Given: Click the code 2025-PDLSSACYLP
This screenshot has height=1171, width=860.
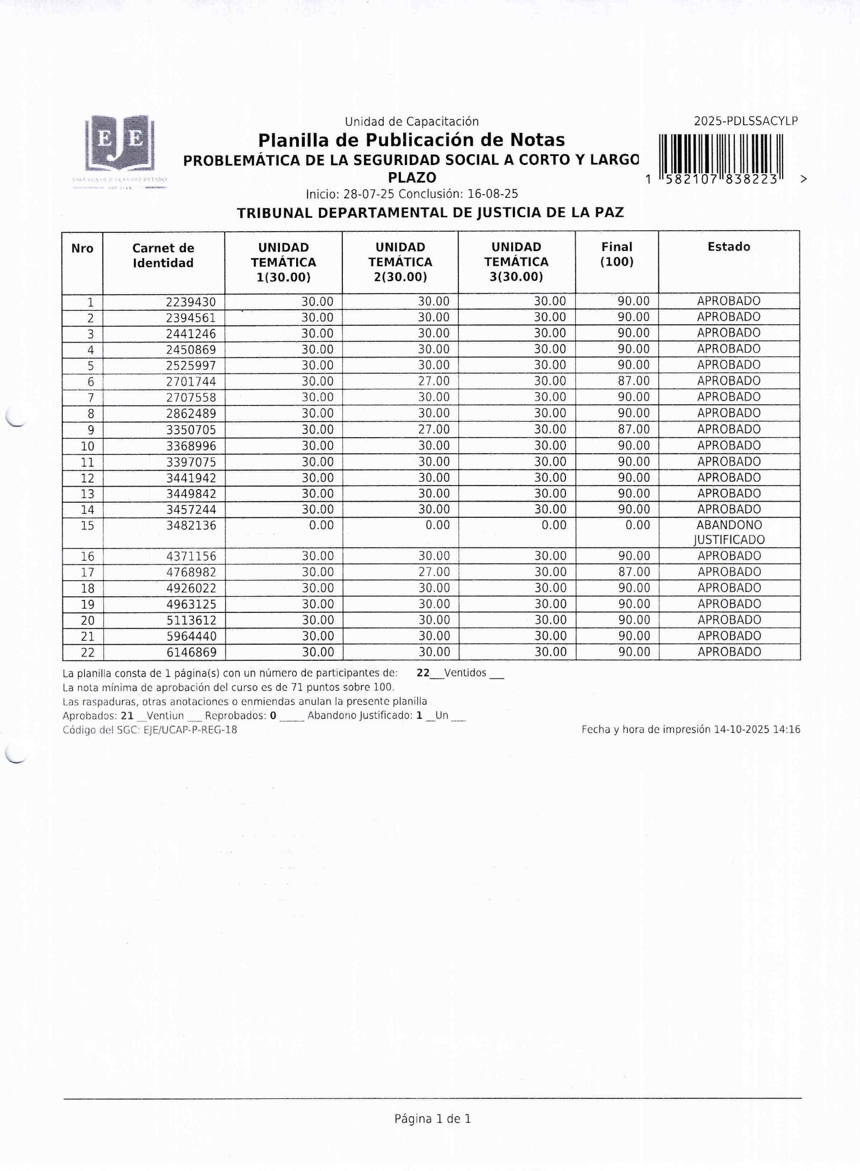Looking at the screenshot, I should tap(746, 122).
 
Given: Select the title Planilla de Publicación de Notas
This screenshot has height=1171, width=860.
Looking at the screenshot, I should tap(411, 140).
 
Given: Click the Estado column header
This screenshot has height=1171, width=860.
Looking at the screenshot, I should tap(728, 247).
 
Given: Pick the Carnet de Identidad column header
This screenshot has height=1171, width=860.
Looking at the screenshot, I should tap(163, 255).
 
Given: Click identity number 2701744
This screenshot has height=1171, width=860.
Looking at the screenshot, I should tap(191, 382).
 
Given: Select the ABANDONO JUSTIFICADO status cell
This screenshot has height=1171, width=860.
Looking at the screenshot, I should tap(729, 532).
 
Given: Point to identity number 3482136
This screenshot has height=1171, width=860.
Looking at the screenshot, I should tap(191, 525).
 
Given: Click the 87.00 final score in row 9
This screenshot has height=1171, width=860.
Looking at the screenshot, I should tap(633, 430).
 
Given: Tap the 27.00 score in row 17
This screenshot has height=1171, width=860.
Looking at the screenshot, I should tap(434, 572).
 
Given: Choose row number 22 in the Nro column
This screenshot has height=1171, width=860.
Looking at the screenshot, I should tap(88, 653).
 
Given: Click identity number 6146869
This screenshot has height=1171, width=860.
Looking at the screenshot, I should tap(191, 653).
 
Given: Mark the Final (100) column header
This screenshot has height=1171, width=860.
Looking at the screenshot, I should tap(617, 254).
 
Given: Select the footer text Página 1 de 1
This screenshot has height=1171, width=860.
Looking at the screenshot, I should tap(433, 1119).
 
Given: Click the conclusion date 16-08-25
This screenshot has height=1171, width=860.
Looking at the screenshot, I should tap(493, 194).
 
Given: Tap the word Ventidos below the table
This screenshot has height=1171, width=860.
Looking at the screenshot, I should tap(465, 673).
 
